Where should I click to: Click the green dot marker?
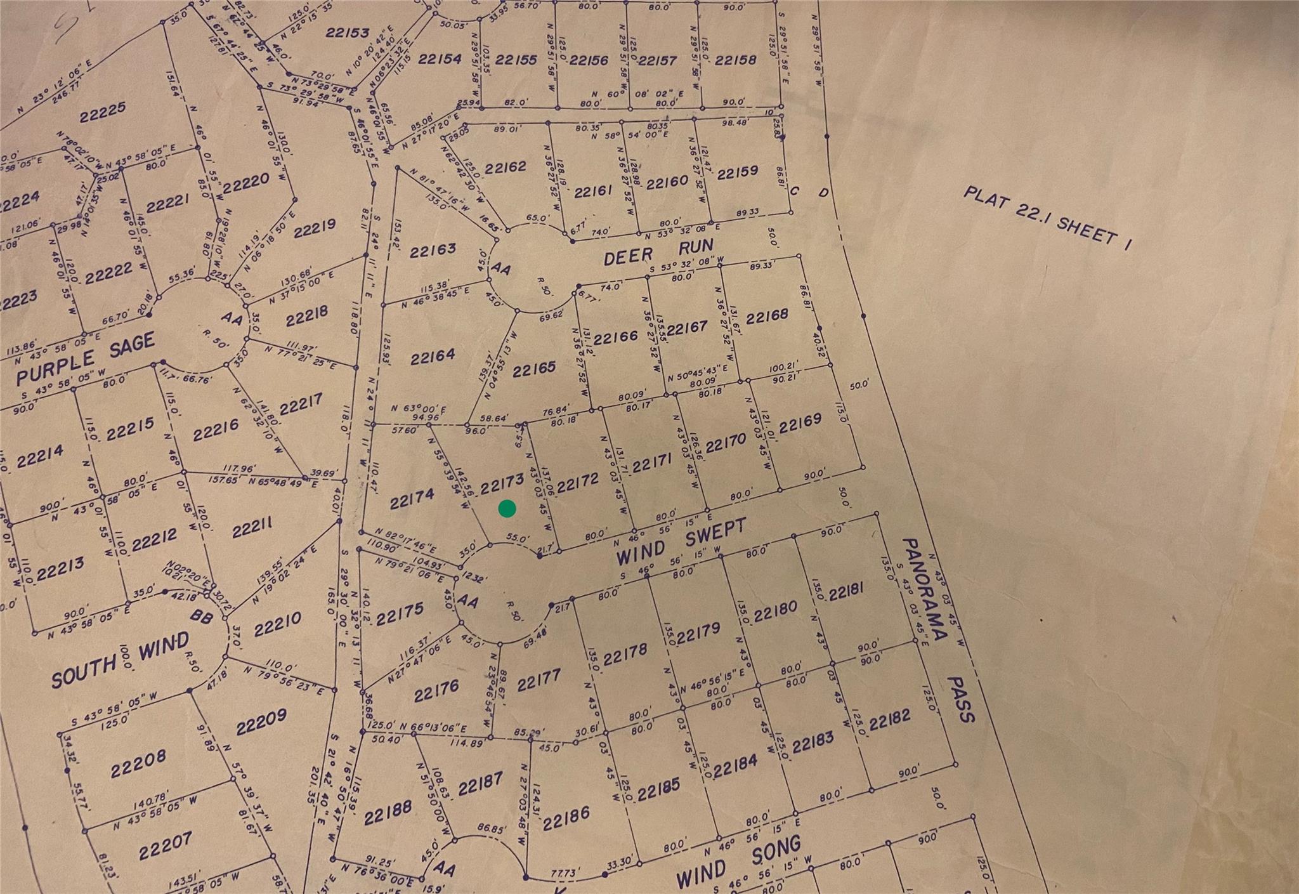(507, 508)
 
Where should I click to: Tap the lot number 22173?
(502, 484)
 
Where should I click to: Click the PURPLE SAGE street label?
(86, 358)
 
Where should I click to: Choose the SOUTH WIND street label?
(120, 660)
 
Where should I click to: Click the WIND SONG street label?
(738, 862)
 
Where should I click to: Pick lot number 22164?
(433, 357)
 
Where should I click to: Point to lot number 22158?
(735, 60)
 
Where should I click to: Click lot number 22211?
(252, 528)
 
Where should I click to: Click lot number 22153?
(347, 32)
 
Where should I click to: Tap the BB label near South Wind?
(202, 615)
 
